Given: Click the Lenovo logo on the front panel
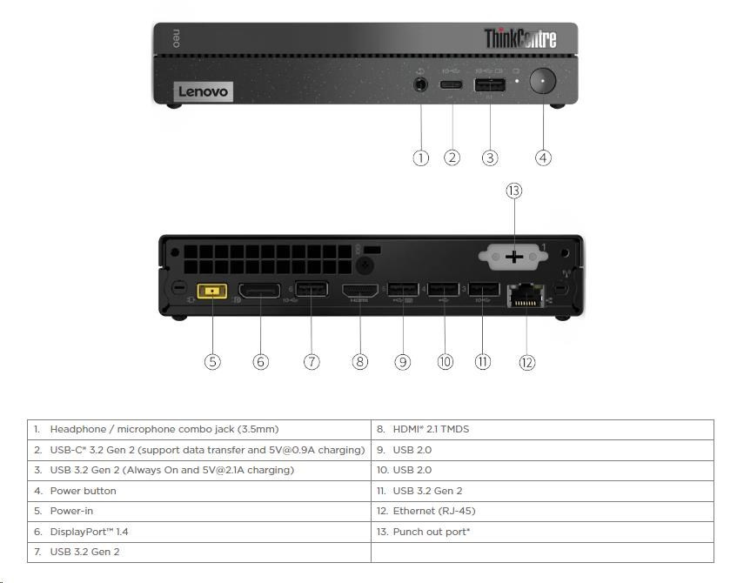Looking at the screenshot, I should click(203, 91).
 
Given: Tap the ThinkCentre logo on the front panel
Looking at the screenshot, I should click(519, 38).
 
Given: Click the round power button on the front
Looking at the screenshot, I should click(543, 83).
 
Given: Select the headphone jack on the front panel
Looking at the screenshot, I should click(421, 85).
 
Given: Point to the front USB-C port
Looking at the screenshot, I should click(452, 85).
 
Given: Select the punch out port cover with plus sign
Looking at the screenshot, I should click(513, 256).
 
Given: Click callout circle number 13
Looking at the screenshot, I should click(513, 191).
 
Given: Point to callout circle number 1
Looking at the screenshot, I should click(421, 157).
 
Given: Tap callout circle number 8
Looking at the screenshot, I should click(360, 362).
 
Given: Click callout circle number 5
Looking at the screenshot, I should click(213, 362).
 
